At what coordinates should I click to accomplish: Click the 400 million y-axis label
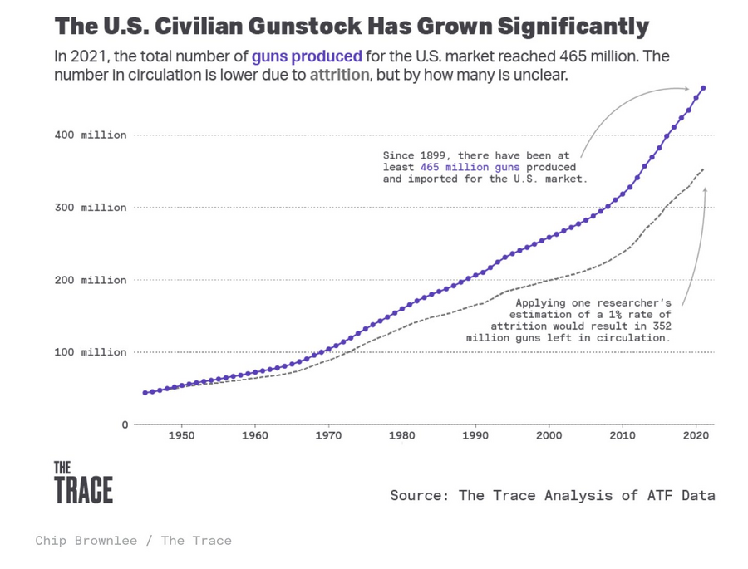click(91, 135)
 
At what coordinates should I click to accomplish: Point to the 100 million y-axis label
click(91, 352)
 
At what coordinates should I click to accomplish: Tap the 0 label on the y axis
click(125, 424)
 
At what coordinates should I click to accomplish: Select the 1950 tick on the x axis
click(181, 435)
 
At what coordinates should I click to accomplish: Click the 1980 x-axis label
click(401, 435)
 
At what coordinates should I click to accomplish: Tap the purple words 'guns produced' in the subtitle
click(307, 57)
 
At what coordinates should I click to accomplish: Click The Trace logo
click(83, 483)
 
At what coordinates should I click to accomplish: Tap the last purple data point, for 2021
click(703, 88)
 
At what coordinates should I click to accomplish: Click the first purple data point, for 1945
click(145, 393)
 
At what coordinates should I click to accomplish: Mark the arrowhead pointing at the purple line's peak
click(686, 88)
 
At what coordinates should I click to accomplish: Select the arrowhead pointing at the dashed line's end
click(705, 189)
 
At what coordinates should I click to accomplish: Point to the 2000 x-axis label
click(549, 435)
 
